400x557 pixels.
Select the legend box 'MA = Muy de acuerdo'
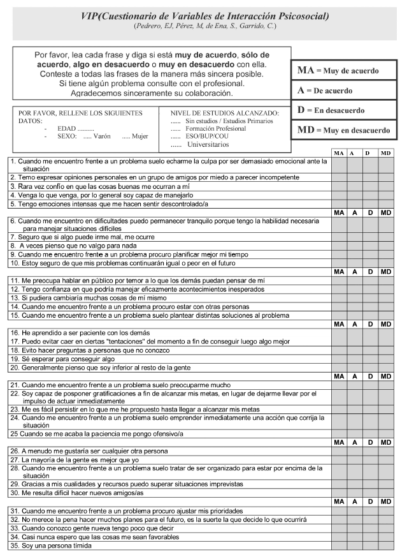[x=345, y=70]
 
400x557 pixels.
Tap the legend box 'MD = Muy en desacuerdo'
[x=345, y=130]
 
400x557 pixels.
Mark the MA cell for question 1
[x=339, y=165]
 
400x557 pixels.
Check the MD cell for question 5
[x=386, y=204]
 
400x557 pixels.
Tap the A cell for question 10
[x=354, y=263]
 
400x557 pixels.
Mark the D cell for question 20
[x=370, y=368]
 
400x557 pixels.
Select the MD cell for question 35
[x=386, y=546]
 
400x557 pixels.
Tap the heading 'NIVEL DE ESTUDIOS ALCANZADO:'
[x=225, y=112]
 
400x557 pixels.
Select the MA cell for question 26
[x=339, y=450]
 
